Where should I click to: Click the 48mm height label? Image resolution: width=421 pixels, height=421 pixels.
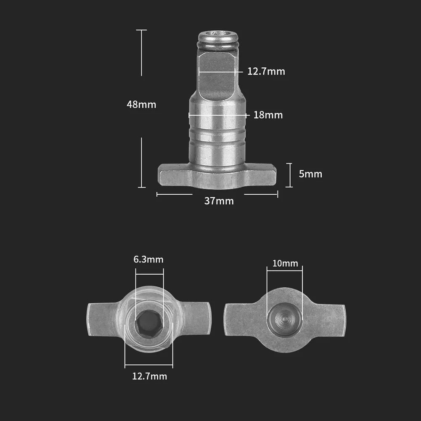click(141, 104)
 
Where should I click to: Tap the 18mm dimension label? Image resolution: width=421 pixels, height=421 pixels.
click(268, 115)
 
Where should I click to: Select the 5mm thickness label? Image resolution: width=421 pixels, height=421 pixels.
click(310, 174)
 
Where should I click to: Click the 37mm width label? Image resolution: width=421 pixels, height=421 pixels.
click(219, 201)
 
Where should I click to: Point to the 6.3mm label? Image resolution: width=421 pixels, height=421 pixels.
click(148, 259)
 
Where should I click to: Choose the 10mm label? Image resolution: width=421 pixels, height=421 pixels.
click(285, 264)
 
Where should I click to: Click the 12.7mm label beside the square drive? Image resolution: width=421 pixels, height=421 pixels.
click(266, 71)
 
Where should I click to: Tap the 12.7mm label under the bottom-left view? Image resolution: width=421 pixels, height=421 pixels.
click(149, 376)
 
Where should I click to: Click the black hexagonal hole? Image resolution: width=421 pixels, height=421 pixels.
click(149, 323)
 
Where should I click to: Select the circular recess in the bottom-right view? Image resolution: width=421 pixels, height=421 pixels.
click(285, 319)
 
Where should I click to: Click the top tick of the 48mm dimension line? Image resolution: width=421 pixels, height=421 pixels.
click(141, 30)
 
